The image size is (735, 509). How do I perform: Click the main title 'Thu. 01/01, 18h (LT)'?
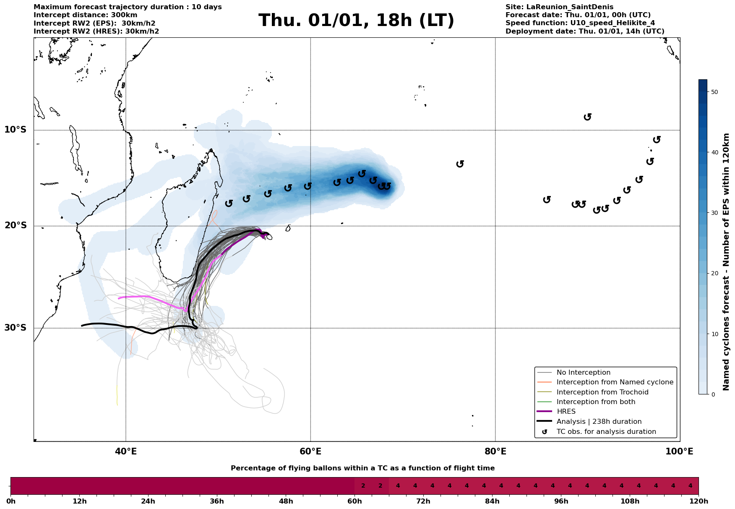(356, 21)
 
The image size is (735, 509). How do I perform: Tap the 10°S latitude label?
(16, 130)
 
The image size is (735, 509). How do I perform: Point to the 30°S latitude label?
(16, 328)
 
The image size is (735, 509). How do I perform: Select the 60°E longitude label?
(310, 452)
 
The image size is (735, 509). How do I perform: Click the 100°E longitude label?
(679, 452)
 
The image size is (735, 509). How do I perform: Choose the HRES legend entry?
(566, 412)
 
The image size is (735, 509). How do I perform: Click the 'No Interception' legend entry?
(583, 373)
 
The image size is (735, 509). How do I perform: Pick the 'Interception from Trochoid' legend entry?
(602, 392)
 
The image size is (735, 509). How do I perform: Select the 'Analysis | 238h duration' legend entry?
(599, 422)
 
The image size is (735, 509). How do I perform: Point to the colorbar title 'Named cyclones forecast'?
(727, 262)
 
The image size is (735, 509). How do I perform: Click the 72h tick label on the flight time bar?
(423, 501)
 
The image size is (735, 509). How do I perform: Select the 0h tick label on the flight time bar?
(10, 501)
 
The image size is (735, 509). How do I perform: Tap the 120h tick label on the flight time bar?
(698, 501)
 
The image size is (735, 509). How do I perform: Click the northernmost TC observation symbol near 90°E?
(587, 117)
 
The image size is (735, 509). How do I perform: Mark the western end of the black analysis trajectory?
(82, 326)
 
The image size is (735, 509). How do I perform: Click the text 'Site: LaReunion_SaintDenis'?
(559, 7)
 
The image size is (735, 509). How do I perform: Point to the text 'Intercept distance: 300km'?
(85, 15)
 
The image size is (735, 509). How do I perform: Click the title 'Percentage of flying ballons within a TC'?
(362, 468)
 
